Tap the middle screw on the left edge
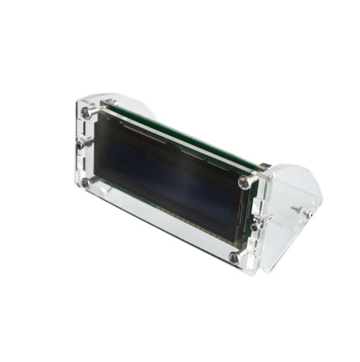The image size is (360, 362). pos(81,144)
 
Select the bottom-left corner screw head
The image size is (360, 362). pos(86,182)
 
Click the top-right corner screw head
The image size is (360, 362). pos(245,182)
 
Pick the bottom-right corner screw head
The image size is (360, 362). pos(234,257)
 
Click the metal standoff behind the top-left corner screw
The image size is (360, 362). pos(106,103)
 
